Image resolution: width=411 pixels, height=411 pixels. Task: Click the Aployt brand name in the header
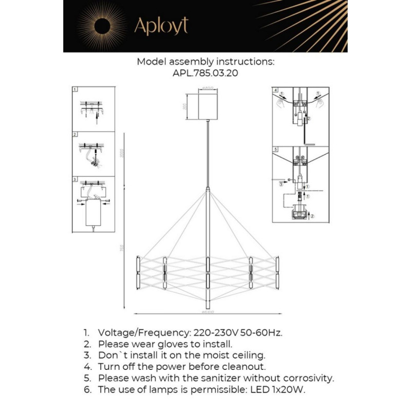[x=161, y=26]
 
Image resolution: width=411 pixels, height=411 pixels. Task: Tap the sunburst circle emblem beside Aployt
[x=101, y=26]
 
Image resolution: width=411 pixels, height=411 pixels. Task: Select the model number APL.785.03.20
[x=206, y=73]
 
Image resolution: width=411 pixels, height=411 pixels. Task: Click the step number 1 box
[x=75, y=89]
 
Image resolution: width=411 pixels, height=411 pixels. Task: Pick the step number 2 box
[x=75, y=135]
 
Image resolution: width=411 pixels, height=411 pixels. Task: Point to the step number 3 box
[x=75, y=180]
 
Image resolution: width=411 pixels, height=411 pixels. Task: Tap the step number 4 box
[x=276, y=90]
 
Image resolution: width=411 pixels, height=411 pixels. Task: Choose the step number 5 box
[x=276, y=149]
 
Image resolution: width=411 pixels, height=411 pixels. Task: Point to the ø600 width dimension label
[x=207, y=312]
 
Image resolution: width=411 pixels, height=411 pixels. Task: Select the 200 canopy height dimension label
[x=184, y=106]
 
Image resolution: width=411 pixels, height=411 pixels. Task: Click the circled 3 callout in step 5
[x=281, y=183]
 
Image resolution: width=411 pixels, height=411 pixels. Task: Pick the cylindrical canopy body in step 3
[x=93, y=212]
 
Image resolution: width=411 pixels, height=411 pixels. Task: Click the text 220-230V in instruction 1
[x=215, y=332]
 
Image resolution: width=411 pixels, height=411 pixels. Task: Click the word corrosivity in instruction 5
[x=307, y=378]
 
